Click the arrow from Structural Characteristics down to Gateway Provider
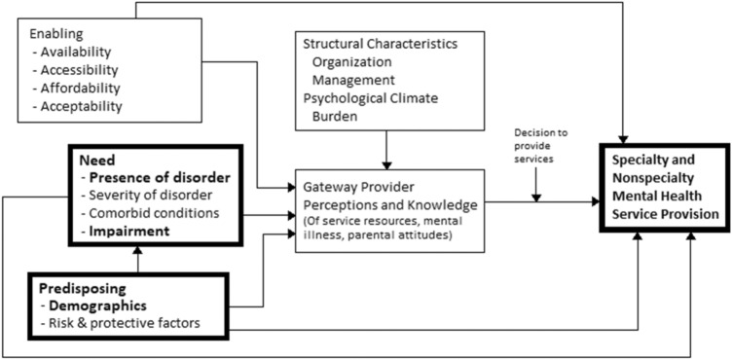pos(387,151)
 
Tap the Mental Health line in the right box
pos(652,196)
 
